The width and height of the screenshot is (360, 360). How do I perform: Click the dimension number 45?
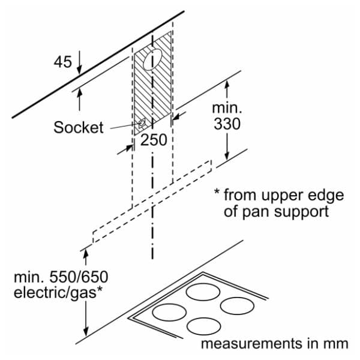(62, 61)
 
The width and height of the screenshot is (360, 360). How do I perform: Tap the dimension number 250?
(154, 140)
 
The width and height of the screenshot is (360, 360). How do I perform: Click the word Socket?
(79, 127)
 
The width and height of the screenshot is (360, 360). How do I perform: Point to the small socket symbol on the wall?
(142, 124)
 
